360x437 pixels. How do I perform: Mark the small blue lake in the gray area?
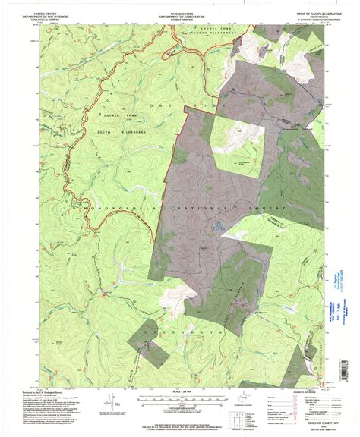click(x=219, y=224)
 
